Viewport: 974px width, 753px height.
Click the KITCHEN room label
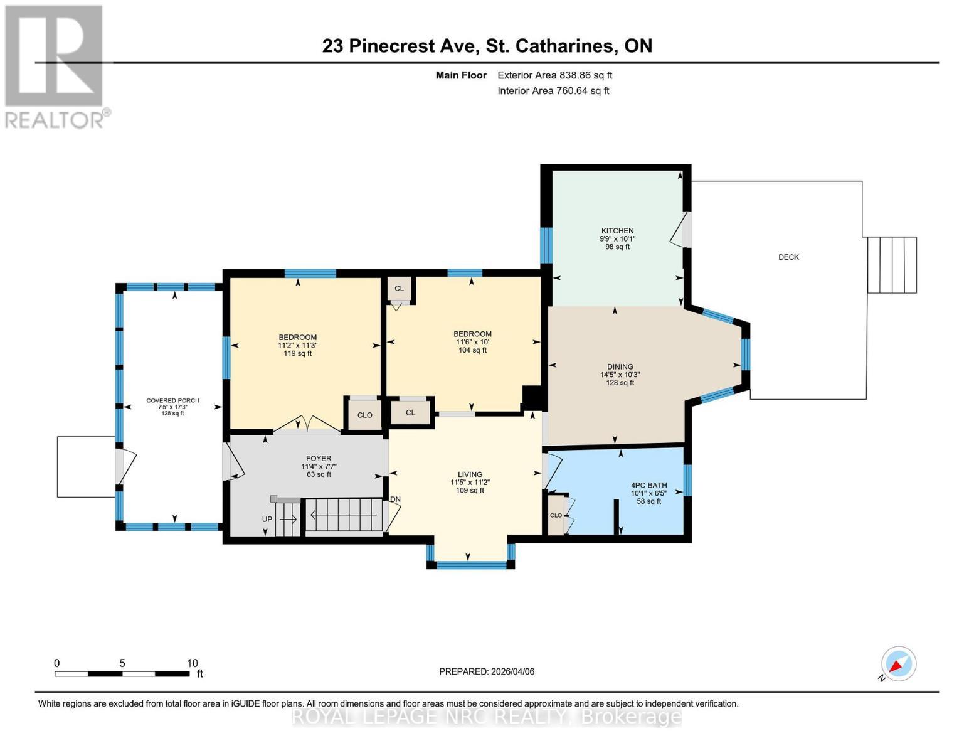[x=617, y=231]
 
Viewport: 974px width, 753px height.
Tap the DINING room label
[x=620, y=366]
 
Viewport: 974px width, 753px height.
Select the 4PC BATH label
[x=648, y=485]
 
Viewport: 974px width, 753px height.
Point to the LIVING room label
[x=470, y=474]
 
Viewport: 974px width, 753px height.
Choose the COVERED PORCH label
[x=172, y=400]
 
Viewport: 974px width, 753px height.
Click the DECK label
[x=788, y=257]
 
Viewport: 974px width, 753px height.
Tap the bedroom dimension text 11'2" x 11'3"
[x=297, y=345]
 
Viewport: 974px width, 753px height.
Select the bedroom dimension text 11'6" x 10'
[x=472, y=342]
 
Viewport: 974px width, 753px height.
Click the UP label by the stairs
[x=267, y=520]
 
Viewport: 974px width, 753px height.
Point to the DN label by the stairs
[x=395, y=499]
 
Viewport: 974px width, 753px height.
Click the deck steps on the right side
[x=892, y=265]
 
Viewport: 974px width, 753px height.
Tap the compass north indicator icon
[x=898, y=664]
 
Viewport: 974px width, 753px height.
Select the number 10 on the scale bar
[x=192, y=663]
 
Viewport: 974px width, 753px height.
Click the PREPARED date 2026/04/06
[x=487, y=671]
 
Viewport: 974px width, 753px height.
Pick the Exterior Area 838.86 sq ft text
[x=554, y=75]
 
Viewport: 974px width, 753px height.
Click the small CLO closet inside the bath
[x=556, y=515]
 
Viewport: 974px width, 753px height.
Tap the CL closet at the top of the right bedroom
[x=399, y=289]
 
